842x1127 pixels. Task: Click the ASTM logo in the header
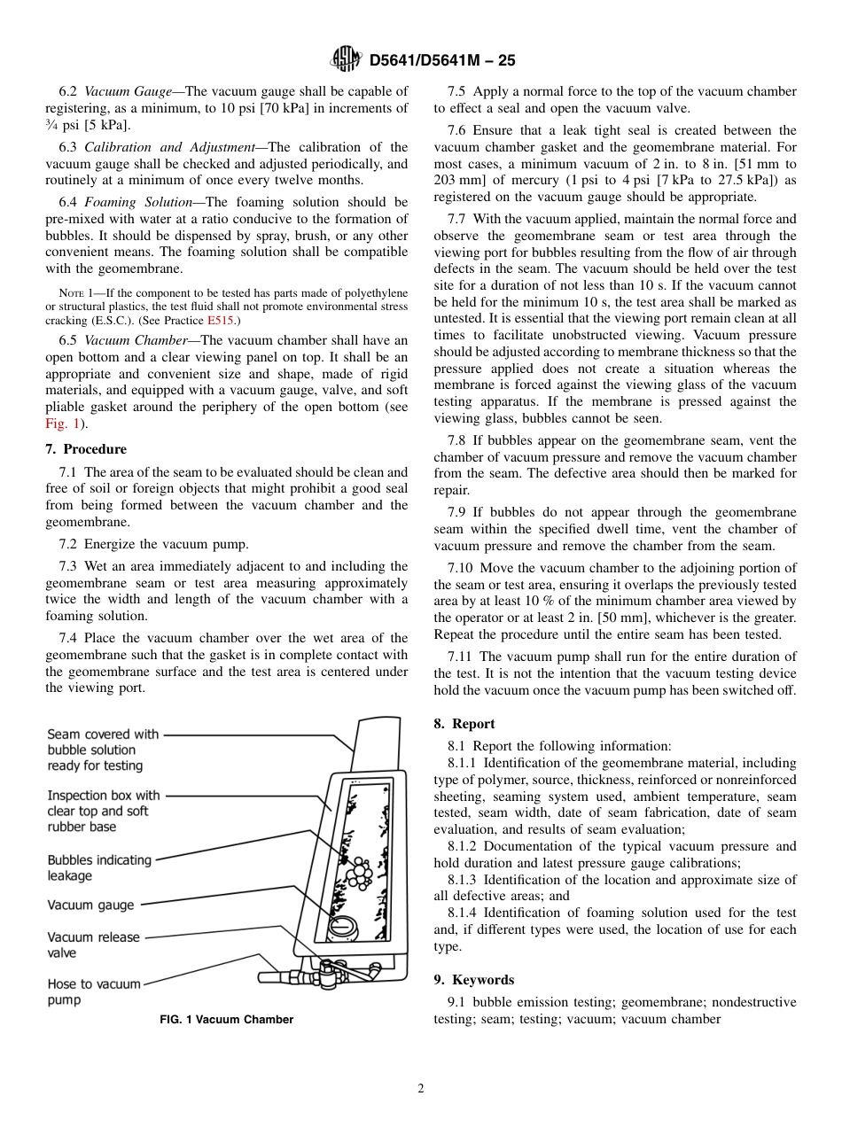tap(345, 59)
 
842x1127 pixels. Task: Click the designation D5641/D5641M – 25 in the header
tap(442, 60)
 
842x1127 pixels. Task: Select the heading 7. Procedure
tap(86, 449)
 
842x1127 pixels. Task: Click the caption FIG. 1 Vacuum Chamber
tap(226, 1019)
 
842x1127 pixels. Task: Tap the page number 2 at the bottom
tap(421, 1089)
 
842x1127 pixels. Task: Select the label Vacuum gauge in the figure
tap(90, 905)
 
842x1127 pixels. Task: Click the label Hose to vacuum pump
tap(82, 991)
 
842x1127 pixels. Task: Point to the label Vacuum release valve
tap(93, 944)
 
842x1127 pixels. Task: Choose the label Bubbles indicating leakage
tap(99, 867)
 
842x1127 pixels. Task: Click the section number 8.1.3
tap(464, 880)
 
